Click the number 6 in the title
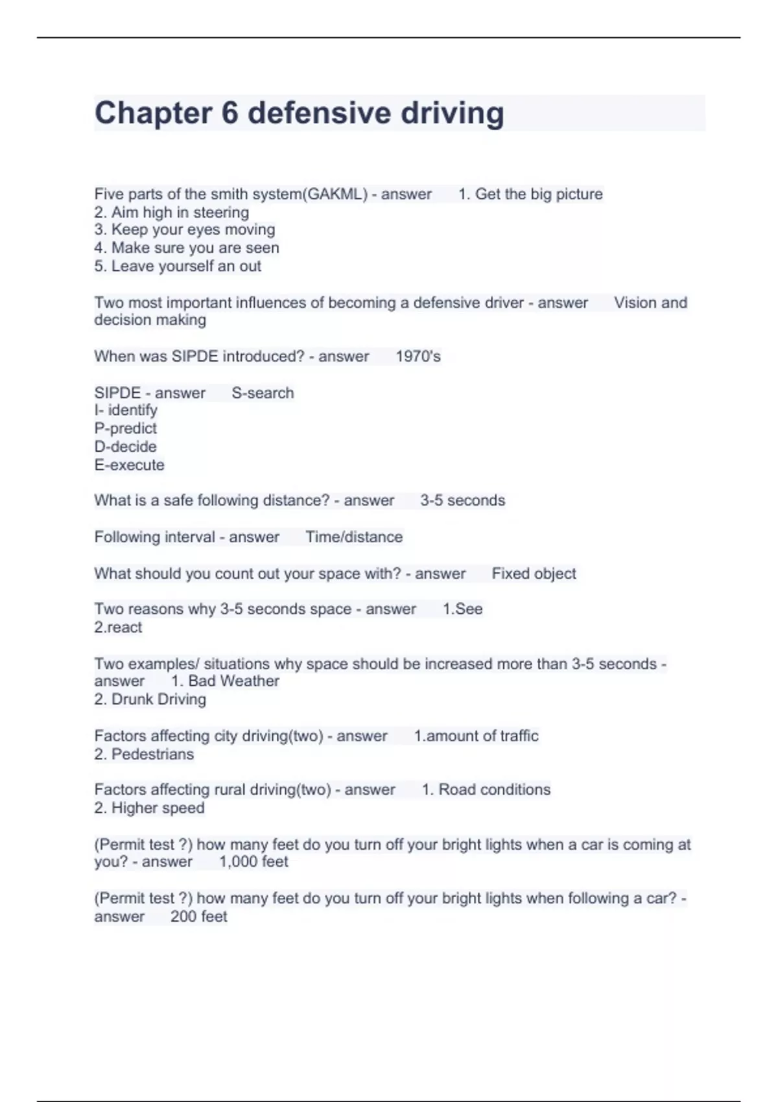click(x=230, y=113)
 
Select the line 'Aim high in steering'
click(x=172, y=212)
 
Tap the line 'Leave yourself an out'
click(x=178, y=266)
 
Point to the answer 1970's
click(x=418, y=357)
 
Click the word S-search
click(x=263, y=393)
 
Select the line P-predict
click(x=126, y=428)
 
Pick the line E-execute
click(x=130, y=465)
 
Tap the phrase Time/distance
click(x=354, y=537)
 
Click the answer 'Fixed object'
click(x=534, y=574)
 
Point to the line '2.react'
click(x=118, y=627)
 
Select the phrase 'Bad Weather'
click(x=233, y=681)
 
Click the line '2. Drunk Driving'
click(x=150, y=699)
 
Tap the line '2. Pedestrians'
click(x=144, y=754)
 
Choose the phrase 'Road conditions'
click(x=494, y=790)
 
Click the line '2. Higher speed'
click(x=150, y=808)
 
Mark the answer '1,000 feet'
click(x=253, y=862)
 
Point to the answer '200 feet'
click(x=199, y=916)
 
